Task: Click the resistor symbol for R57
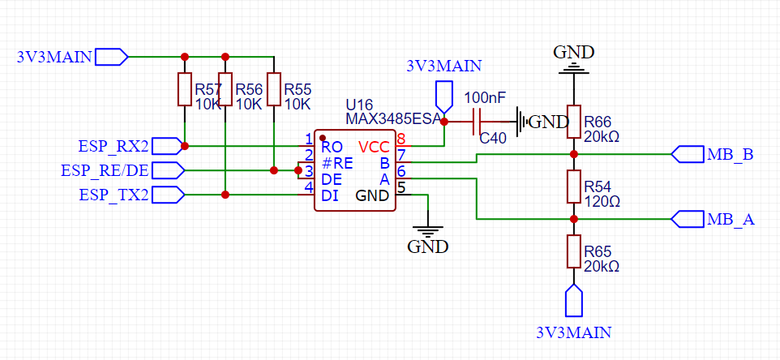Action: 185,89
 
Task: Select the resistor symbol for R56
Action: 225,89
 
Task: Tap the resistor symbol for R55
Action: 274,89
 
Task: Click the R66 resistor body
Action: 573,121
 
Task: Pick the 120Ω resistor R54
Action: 573,186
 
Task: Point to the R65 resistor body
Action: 573,251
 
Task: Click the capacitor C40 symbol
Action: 479,122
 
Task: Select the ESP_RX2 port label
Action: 114,146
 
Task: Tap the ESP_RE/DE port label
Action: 105,170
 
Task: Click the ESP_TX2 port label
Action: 114,195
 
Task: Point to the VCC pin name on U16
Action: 374,147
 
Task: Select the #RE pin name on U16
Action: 337,162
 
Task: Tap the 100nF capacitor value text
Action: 485,97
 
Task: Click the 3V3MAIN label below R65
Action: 573,332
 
